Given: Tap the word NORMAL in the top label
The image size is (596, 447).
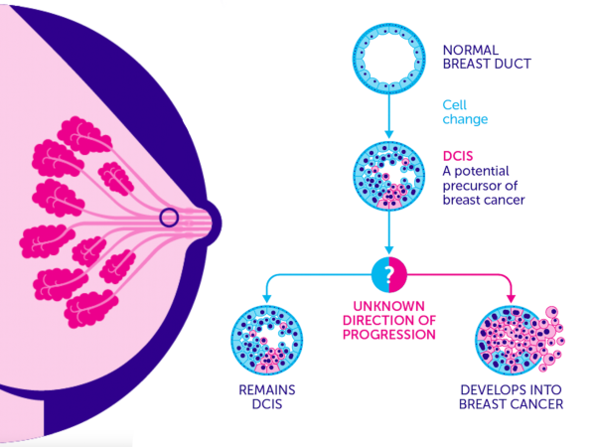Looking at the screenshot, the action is pyautogui.click(x=471, y=51).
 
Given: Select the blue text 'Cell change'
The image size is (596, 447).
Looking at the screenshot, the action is pyautogui.click(x=465, y=112).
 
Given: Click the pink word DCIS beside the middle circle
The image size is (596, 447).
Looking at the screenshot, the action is pyautogui.click(x=458, y=156).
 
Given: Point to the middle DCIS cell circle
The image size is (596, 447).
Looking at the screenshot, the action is pyautogui.click(x=388, y=175).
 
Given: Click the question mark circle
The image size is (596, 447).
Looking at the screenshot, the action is pyautogui.click(x=388, y=274).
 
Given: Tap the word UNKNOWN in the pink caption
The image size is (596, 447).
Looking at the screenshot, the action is pyautogui.click(x=388, y=306).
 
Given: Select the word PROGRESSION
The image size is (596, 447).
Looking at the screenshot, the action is pyautogui.click(x=388, y=335).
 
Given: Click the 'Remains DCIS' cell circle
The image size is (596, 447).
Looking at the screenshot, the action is pyautogui.click(x=267, y=340).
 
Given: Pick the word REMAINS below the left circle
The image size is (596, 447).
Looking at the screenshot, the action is pyautogui.click(x=267, y=390).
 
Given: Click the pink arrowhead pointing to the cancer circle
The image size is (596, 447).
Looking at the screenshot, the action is pyautogui.click(x=512, y=298).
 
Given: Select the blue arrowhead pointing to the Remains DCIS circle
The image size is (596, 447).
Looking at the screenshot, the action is pyautogui.click(x=267, y=298).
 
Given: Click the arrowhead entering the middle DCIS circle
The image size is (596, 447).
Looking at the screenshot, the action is pyautogui.click(x=388, y=134).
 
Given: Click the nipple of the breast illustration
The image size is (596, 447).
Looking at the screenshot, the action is pyautogui.click(x=214, y=223).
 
